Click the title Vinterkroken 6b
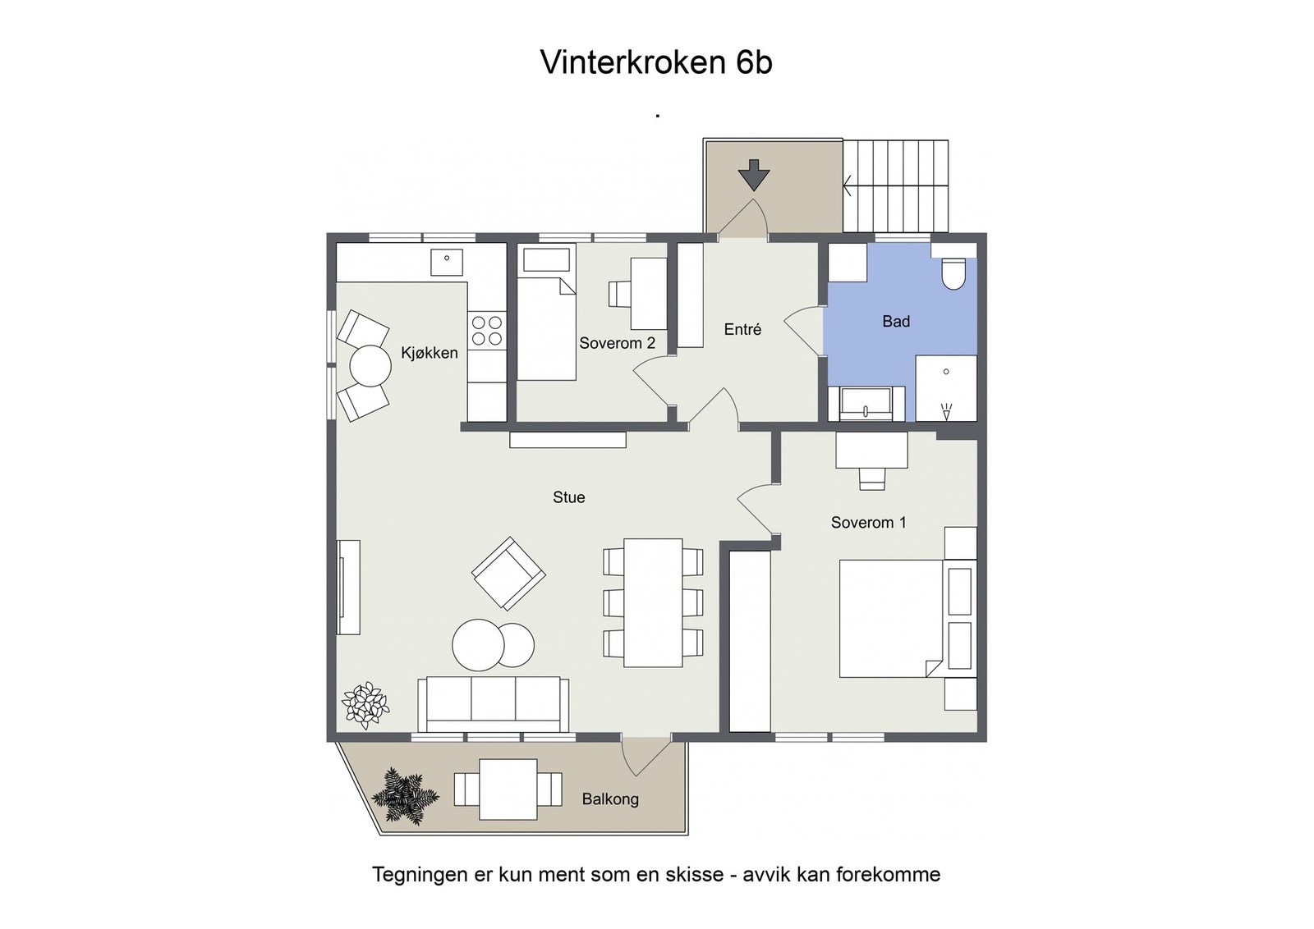tap(656, 63)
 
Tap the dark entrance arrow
tap(753, 176)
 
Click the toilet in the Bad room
tap(953, 274)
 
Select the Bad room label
tap(896, 322)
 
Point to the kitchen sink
tap(447, 263)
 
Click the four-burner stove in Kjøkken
tap(486, 330)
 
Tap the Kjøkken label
tap(429, 353)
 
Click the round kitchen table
tap(370, 366)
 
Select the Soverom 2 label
tap(617, 343)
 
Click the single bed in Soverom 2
tap(545, 328)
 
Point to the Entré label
tap(742, 329)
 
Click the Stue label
tap(568, 497)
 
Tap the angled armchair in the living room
tap(508, 573)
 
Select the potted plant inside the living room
tap(365, 704)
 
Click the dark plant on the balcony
tap(404, 795)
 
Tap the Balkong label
tap(609, 799)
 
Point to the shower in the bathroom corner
tap(946, 388)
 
